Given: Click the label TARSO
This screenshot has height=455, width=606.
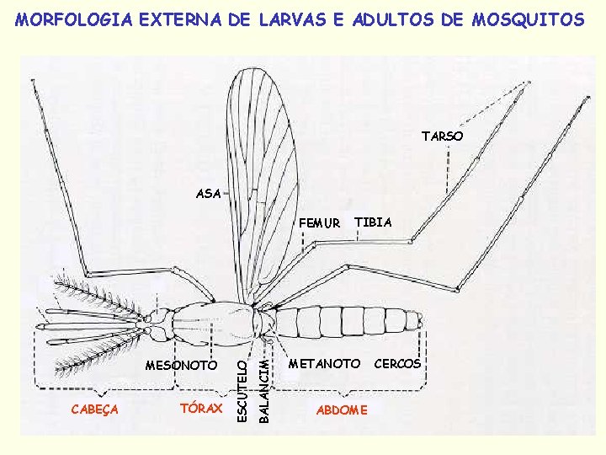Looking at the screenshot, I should [x=442, y=136].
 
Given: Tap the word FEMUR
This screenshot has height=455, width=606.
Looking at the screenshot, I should [x=320, y=224].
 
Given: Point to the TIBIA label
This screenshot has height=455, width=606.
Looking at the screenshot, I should [x=373, y=222].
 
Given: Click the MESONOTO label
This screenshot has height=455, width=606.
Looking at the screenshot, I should [x=181, y=365].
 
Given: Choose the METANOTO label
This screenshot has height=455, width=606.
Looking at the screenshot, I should [x=324, y=364].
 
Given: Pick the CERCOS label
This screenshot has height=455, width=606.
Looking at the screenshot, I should [x=396, y=364].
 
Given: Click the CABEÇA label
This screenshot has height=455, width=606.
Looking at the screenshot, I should [x=94, y=409].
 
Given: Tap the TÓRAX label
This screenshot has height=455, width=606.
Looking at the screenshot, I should [x=201, y=409].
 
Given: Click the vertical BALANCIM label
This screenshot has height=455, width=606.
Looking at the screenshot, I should [x=263, y=389].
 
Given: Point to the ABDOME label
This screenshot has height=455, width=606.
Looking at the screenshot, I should [x=341, y=409].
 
